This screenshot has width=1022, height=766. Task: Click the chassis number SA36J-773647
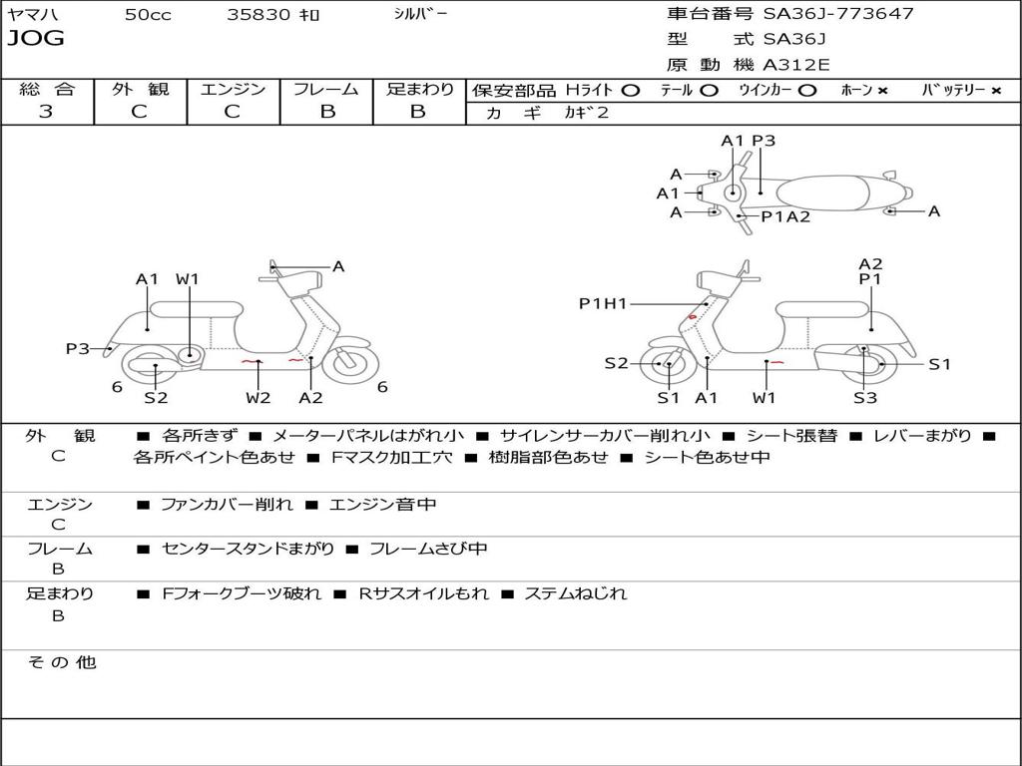pyautogui.click(x=838, y=14)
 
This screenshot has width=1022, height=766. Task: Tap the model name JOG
pyautogui.click(x=35, y=39)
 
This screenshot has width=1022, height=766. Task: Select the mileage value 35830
pyautogui.click(x=258, y=15)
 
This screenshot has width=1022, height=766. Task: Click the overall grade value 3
pyautogui.click(x=46, y=112)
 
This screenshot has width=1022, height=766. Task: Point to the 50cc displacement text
pyautogui.click(x=148, y=15)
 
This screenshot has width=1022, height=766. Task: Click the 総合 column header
pyautogui.click(x=47, y=89)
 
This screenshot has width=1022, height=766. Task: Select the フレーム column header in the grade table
pyautogui.click(x=326, y=89)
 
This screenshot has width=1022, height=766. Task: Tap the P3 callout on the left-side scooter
pyautogui.click(x=78, y=348)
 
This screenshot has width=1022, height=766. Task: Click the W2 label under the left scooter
pyautogui.click(x=258, y=398)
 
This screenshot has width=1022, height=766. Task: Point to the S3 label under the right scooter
pyautogui.click(x=864, y=398)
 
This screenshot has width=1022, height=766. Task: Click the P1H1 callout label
pyautogui.click(x=603, y=303)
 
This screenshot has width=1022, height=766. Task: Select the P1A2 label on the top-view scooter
pyautogui.click(x=785, y=216)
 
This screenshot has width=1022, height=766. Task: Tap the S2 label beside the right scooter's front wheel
pyautogui.click(x=616, y=363)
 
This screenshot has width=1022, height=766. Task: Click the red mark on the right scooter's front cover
pyautogui.click(x=693, y=317)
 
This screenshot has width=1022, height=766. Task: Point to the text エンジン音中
pyautogui.click(x=383, y=505)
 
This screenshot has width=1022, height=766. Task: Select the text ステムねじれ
pyautogui.click(x=576, y=593)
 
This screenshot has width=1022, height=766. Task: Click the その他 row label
pyautogui.click(x=61, y=662)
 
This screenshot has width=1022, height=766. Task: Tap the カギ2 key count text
pyautogui.click(x=587, y=113)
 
